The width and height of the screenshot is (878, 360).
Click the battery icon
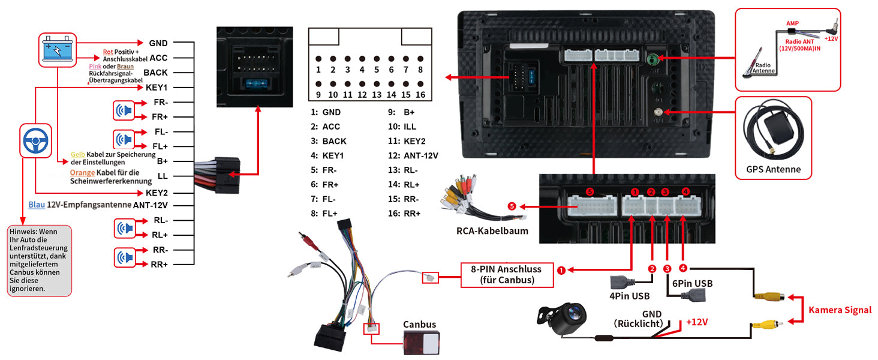coord(58,49)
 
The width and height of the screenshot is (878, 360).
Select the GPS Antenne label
coord(774,169)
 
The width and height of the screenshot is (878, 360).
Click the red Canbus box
coord(419,344)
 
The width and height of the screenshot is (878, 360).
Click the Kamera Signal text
coord(840,310)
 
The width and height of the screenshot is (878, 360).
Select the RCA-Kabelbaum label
coord(492,230)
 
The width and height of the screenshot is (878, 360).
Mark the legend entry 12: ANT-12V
coord(413,155)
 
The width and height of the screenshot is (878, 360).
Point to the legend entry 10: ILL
coord(402,127)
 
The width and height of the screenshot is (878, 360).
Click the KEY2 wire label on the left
coord(157,193)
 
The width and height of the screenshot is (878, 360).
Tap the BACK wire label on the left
coord(155,73)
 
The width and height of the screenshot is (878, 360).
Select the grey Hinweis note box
coord(40,260)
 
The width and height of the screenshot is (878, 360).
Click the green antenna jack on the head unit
coord(653,59)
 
